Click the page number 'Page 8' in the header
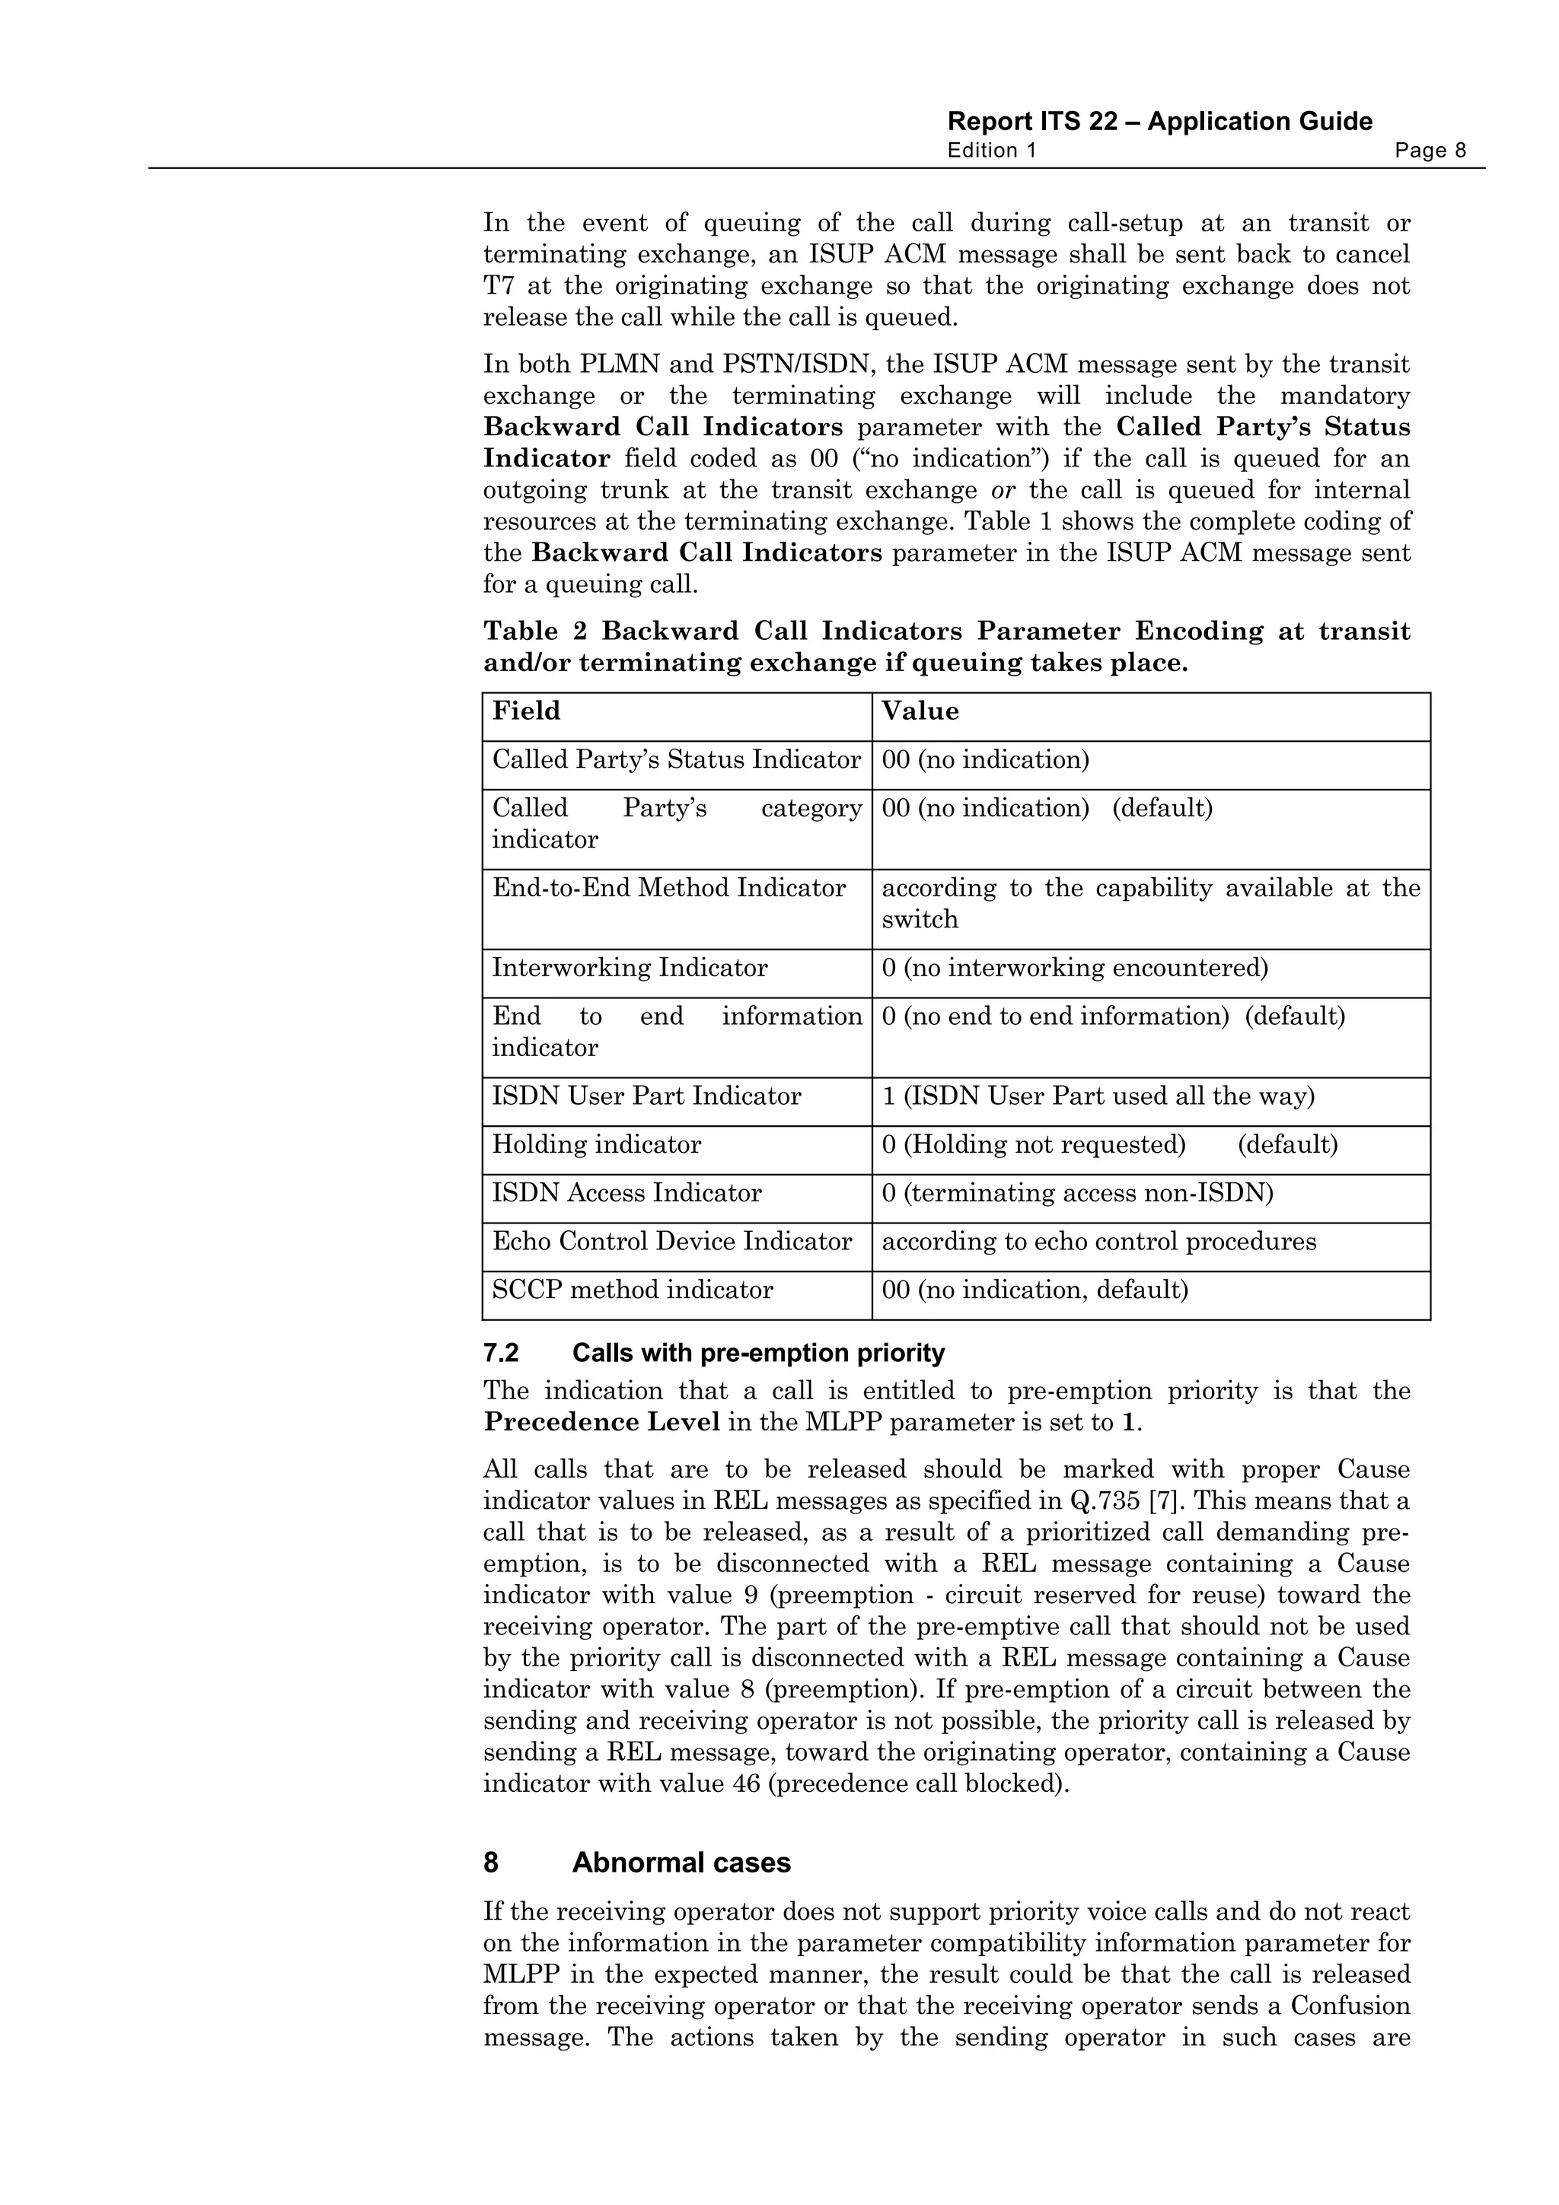1430,151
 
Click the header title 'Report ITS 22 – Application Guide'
1159,122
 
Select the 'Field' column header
525,711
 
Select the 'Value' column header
920,711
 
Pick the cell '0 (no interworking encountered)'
1074,968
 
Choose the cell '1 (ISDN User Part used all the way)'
1097,1096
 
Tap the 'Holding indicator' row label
597,1145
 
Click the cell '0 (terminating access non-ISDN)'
1077,1194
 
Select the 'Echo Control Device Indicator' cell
671,1242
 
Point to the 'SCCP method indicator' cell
632,1290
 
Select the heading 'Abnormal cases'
681,1863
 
